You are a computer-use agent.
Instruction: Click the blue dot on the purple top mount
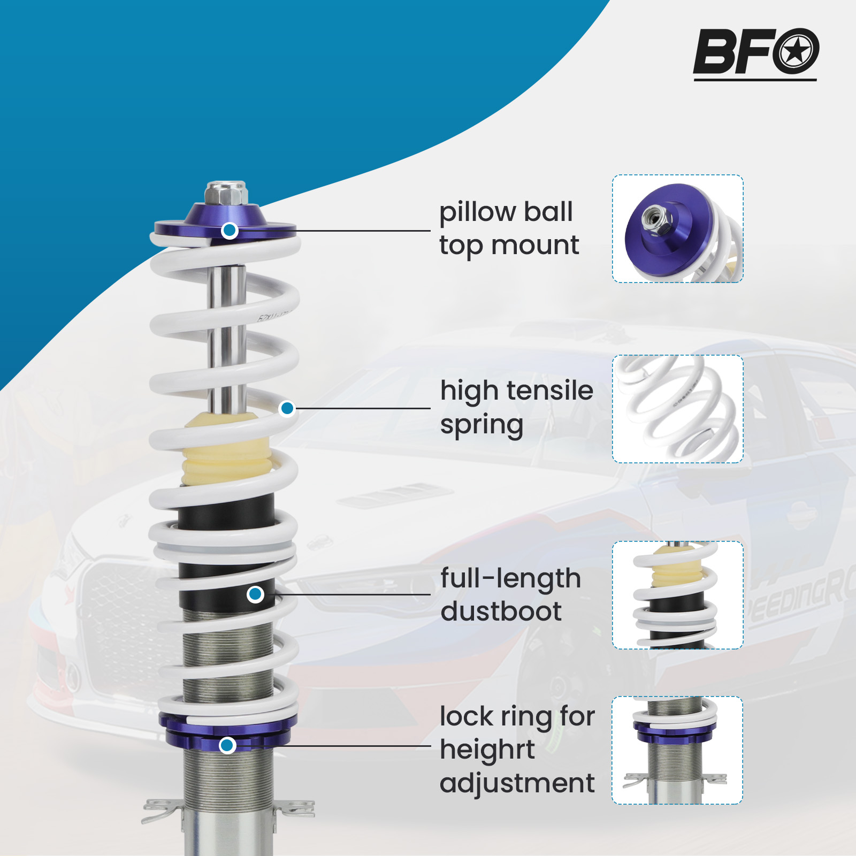click(x=230, y=230)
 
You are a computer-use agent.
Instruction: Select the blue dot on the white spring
click(x=287, y=409)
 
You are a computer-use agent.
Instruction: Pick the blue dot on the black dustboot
click(x=256, y=594)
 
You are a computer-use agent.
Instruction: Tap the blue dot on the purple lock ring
click(x=227, y=745)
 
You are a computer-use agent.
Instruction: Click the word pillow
click(x=478, y=212)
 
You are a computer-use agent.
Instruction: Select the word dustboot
click(x=501, y=612)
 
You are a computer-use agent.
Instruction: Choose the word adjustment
click(x=517, y=783)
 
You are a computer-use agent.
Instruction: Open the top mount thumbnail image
click(x=677, y=228)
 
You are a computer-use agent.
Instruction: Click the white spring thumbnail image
click(x=677, y=409)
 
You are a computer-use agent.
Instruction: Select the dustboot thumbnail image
click(x=677, y=595)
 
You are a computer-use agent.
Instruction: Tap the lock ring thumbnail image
click(x=677, y=750)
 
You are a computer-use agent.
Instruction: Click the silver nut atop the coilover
click(x=226, y=193)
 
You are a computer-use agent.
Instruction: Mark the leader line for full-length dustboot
click(x=353, y=594)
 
